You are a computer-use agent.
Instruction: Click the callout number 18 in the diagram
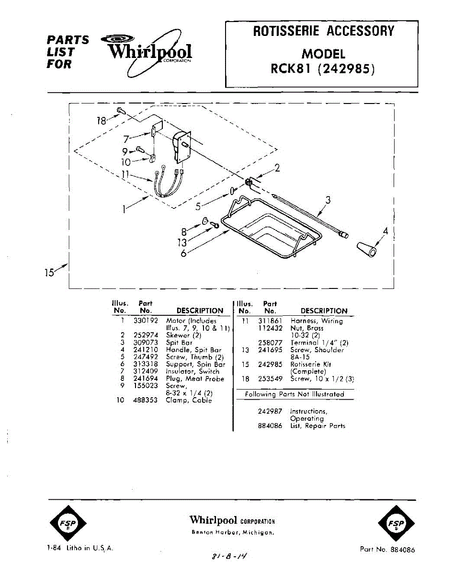point(101,121)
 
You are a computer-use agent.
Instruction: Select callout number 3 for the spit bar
point(328,200)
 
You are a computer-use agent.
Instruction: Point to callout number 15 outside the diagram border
point(50,273)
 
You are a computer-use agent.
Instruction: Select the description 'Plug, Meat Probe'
point(195,379)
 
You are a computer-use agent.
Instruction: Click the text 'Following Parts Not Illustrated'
point(294,394)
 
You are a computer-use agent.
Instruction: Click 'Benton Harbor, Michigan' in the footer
point(232,532)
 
